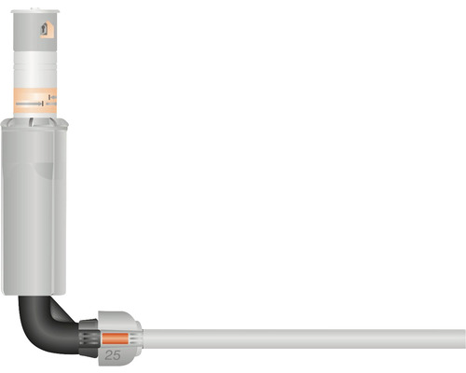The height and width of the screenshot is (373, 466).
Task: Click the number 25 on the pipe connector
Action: pos(112,355)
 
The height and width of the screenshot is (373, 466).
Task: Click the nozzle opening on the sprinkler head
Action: pos(47,31)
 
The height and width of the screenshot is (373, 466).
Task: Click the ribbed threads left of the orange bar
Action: pos(96,338)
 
